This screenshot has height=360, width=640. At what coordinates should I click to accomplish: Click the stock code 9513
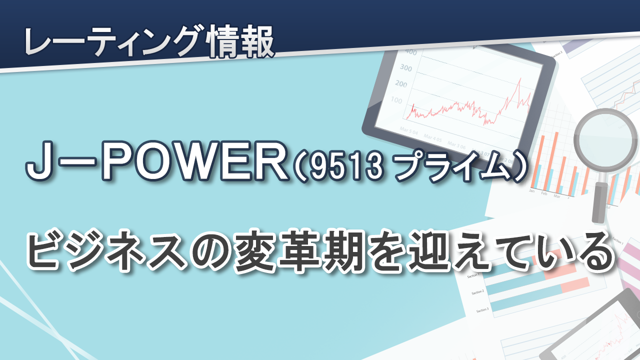[346, 167]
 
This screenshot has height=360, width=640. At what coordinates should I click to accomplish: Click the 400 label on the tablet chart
[411, 51]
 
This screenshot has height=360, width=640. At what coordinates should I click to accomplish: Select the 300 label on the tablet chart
[405, 67]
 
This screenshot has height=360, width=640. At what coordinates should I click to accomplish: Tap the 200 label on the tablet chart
[401, 83]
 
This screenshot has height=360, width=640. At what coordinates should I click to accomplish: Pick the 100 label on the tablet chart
[396, 100]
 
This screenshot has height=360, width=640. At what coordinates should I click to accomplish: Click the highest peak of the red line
[520, 78]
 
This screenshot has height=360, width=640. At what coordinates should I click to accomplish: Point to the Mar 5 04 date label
[408, 131]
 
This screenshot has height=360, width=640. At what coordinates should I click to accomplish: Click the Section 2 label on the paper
[477, 292]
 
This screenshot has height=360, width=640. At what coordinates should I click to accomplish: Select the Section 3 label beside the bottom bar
[482, 309]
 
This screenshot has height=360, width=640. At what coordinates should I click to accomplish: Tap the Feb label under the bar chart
[544, 193]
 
